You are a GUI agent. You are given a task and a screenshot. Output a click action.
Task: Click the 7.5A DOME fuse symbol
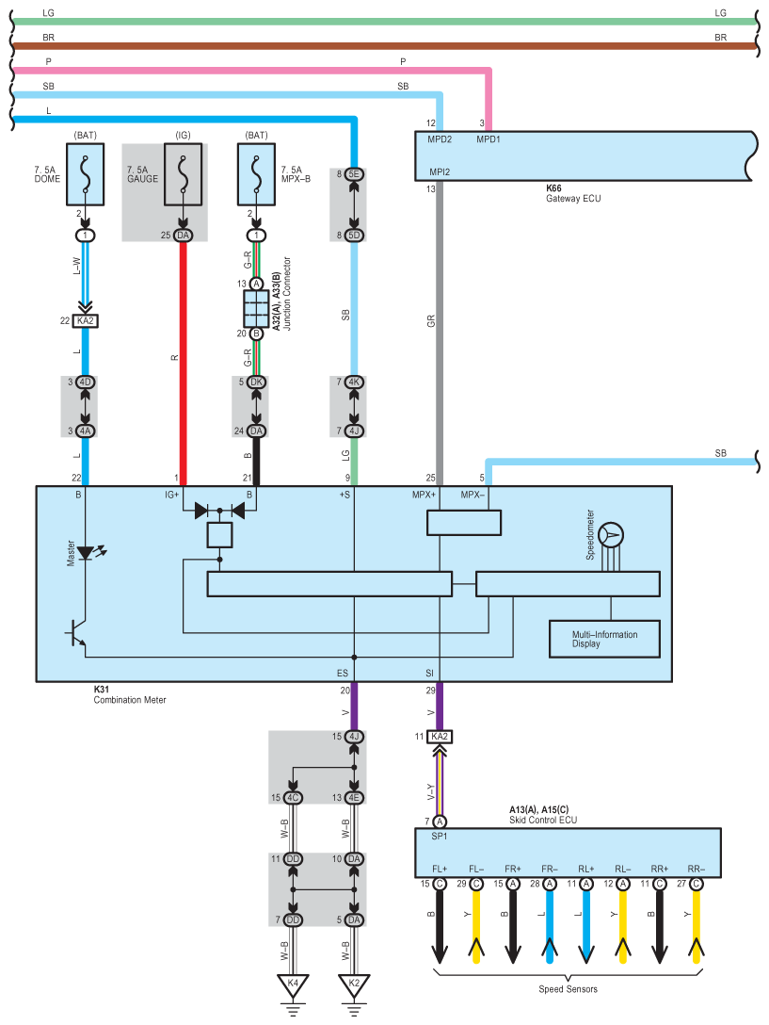click(x=85, y=174)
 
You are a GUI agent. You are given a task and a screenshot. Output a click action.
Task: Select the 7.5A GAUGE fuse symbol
click(x=183, y=174)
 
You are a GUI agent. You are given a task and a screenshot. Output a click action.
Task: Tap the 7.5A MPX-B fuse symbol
click(x=256, y=174)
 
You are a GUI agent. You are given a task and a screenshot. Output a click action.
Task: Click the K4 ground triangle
click(x=293, y=985)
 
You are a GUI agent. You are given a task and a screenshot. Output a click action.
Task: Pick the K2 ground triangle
click(x=354, y=985)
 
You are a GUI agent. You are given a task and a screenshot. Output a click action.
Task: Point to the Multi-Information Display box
click(x=604, y=639)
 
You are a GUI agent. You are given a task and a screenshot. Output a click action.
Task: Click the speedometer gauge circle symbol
click(x=611, y=535)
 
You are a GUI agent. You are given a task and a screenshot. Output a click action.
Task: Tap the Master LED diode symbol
click(x=86, y=554)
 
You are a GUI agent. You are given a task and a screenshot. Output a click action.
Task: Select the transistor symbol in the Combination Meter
click(x=76, y=633)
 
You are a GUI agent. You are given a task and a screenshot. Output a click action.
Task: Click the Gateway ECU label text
click(x=573, y=198)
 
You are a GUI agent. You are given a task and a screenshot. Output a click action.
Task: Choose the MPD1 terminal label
click(x=489, y=139)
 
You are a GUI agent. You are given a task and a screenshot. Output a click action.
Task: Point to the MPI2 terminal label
click(x=440, y=171)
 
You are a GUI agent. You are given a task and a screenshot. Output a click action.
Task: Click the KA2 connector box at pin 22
click(x=86, y=320)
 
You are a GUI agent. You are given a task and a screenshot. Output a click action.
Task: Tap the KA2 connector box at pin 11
click(x=440, y=737)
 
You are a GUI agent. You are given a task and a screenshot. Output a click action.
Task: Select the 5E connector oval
click(x=354, y=174)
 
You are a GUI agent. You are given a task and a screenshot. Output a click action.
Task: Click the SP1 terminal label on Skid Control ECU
click(x=439, y=836)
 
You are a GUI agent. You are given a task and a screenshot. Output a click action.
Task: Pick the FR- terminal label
click(x=550, y=869)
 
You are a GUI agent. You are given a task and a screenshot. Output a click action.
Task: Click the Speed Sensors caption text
click(x=568, y=989)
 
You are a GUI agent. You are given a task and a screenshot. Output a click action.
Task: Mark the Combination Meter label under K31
click(x=130, y=699)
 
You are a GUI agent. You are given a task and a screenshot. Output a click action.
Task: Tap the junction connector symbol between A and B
click(x=256, y=309)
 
